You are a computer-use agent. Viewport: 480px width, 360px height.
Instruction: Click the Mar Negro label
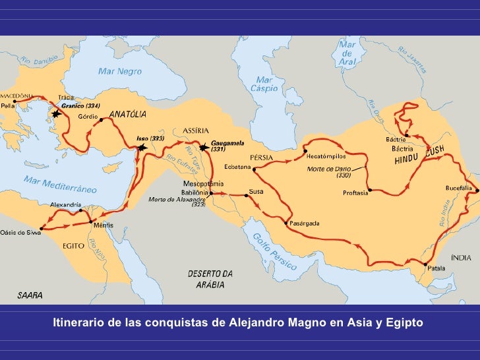[x=120, y=71]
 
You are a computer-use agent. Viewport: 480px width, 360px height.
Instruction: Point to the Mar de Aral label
[x=347, y=52]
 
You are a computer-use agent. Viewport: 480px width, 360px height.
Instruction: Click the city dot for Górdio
[x=101, y=121]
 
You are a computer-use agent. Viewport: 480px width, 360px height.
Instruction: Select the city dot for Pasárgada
[x=285, y=223]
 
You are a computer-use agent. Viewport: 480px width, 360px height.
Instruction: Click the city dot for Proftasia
[x=370, y=190]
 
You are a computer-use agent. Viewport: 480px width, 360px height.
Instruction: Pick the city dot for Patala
[x=424, y=265]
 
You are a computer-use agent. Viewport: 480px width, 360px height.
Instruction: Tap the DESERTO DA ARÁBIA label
[x=210, y=279]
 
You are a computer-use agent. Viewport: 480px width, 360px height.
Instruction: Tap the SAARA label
[x=30, y=295]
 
